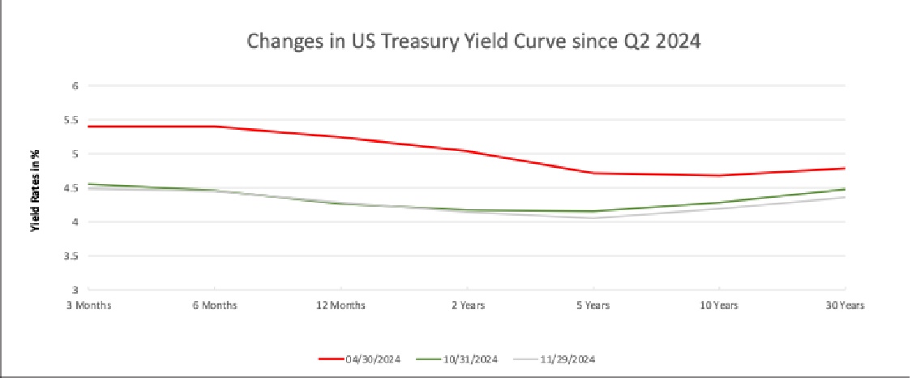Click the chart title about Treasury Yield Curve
(x=473, y=41)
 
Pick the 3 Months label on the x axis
(x=88, y=306)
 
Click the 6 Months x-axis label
(x=215, y=306)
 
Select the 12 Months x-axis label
(x=340, y=306)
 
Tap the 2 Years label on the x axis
(x=467, y=306)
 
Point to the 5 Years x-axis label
(x=593, y=306)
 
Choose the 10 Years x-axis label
(x=719, y=306)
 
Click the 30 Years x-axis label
(x=844, y=306)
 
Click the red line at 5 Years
(x=593, y=173)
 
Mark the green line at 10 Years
(x=719, y=203)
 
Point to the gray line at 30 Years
(x=844, y=197)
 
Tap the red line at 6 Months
(x=215, y=126)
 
